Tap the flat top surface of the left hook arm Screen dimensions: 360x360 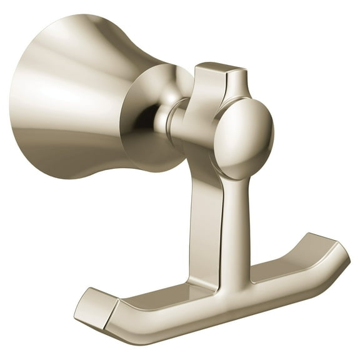144,300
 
